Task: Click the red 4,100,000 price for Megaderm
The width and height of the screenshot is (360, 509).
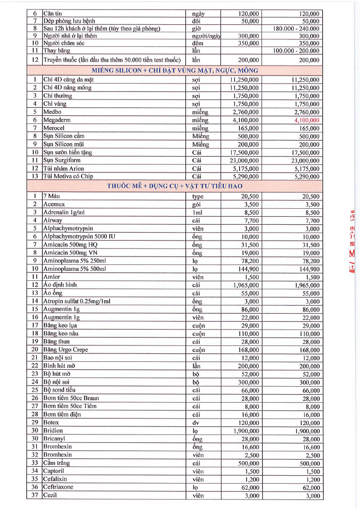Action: pyautogui.click(x=307, y=120)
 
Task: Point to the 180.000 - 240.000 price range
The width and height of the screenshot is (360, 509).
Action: pyautogui.click(x=297, y=28)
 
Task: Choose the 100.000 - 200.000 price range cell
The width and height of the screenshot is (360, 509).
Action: pyautogui.click(x=297, y=51)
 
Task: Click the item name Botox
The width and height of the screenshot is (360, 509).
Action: pyautogui.click(x=51, y=422)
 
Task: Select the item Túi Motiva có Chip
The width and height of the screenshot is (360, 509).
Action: pyautogui.click(x=68, y=176)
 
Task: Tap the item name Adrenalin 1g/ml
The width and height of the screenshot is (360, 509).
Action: pyautogui.click(x=64, y=212)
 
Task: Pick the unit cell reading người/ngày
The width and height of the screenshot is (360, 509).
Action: pyautogui.click(x=206, y=36)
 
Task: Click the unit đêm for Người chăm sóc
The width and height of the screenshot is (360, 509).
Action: pyautogui.click(x=198, y=43)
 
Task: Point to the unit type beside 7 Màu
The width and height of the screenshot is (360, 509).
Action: pyautogui.click(x=198, y=196)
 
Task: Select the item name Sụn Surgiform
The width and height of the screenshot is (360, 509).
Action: pyautogui.click(x=62, y=160)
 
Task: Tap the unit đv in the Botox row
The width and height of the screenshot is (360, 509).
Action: pyautogui.click(x=195, y=422)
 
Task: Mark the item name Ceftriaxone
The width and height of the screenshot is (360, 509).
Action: pyautogui.click(x=58, y=487)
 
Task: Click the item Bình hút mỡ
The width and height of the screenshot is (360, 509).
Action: pyautogui.click(x=59, y=365)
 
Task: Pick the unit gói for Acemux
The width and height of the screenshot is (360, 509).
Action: pyautogui.click(x=196, y=204)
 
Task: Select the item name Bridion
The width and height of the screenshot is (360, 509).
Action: pyautogui.click(x=53, y=430)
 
